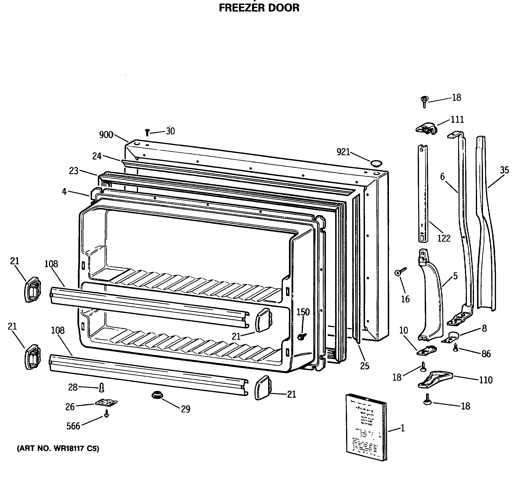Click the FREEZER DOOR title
pyautogui.click(x=259, y=8)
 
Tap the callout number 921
pyautogui.click(x=343, y=152)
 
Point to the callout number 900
pyautogui.click(x=106, y=135)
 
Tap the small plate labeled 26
pyautogui.click(x=106, y=402)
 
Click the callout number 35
pyautogui.click(x=504, y=170)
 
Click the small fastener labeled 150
pyautogui.click(x=302, y=336)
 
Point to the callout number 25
pyautogui.click(x=365, y=366)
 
